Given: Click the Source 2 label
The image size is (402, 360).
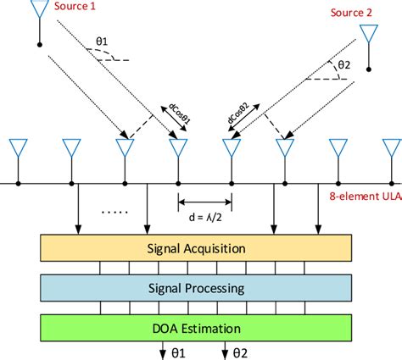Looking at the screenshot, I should coord(353,13).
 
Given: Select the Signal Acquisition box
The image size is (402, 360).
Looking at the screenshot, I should coord(198,249).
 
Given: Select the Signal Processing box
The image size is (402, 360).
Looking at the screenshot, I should coord(198,288).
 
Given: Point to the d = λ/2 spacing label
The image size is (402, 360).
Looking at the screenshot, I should coord(204,217).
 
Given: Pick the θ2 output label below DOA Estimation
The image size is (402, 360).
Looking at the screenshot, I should coord(238,351).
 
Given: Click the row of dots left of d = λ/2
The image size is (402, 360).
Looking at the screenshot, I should coord(112,213).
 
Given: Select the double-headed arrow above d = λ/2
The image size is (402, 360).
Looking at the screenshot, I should coord(204,202).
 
